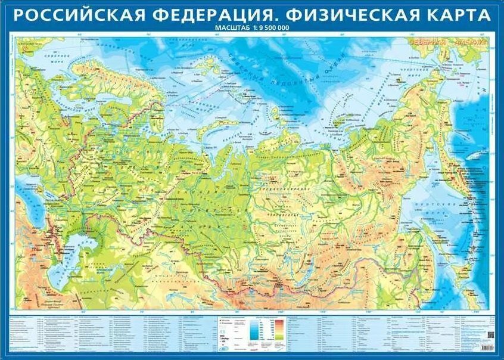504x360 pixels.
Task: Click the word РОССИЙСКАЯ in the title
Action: (76, 14)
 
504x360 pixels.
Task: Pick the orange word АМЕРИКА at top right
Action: (471, 42)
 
